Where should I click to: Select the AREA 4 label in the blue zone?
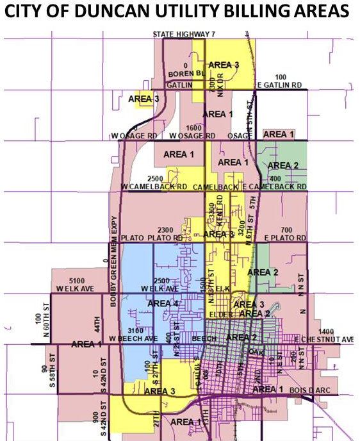tap(163, 303)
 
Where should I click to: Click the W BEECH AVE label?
tap(133, 338)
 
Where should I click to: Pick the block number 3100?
tap(135, 329)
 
